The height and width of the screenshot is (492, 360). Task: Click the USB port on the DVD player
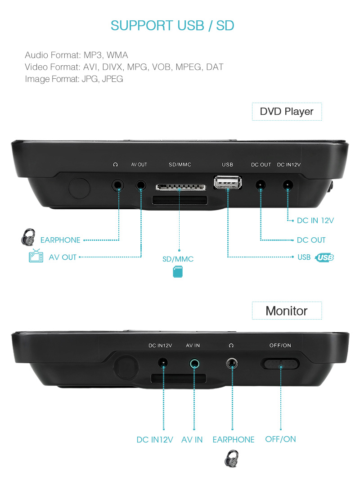228,182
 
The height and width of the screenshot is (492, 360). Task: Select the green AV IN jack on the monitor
194,362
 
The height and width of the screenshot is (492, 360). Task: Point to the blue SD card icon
178,271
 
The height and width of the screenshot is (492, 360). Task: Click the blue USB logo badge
325,257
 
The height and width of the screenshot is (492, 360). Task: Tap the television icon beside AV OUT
36,257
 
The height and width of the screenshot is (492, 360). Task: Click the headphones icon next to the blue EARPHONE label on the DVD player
28,237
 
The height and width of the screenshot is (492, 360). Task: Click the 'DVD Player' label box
287,111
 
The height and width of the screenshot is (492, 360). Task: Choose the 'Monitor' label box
287,311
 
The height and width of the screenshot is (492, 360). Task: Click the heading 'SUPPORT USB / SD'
172,26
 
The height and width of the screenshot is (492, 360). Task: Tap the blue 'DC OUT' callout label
311,240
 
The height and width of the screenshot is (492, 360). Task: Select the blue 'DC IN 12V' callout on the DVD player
315,221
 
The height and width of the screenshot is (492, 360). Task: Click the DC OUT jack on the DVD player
260,185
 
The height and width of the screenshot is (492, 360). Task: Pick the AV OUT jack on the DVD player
141,185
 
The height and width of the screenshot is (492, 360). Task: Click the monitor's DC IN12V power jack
163,362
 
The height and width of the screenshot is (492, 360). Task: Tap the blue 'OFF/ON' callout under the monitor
280,439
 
